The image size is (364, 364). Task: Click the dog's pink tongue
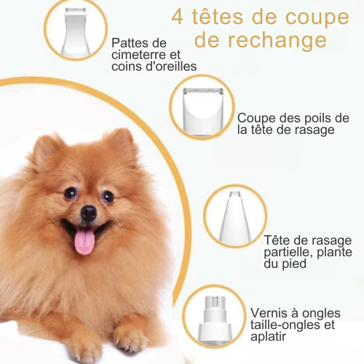[x=84, y=241]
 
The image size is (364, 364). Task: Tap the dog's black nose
[x=89, y=213]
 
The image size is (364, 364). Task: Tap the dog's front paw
[x=130, y=336]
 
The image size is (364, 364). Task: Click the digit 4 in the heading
[x=178, y=17]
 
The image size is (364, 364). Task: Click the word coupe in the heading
[x=317, y=18]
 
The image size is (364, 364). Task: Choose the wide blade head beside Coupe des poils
[x=202, y=111]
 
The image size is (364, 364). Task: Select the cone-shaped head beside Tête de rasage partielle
[x=234, y=216]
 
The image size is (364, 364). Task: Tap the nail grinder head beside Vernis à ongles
[x=214, y=318]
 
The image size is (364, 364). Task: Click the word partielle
[x=285, y=253]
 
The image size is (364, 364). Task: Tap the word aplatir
[x=269, y=337]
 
